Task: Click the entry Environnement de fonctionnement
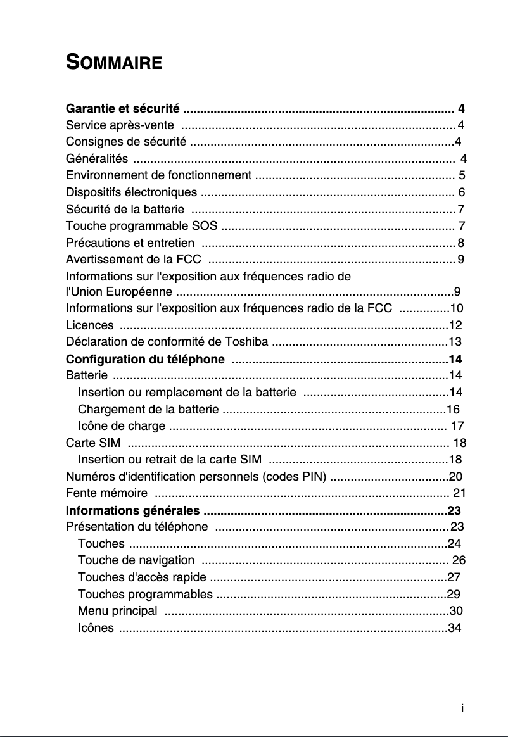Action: [x=158, y=175]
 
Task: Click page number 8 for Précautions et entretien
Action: [x=460, y=243]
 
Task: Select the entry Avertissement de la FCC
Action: [x=134, y=260]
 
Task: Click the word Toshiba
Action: [x=246, y=343]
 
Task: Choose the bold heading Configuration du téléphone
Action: [x=146, y=360]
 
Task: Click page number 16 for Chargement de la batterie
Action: [x=453, y=408]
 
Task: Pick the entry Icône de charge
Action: [x=122, y=425]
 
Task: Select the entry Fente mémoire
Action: [x=107, y=493]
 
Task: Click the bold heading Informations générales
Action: [x=133, y=510]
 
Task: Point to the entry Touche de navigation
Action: [x=136, y=560]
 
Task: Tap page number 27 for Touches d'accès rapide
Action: [x=454, y=577]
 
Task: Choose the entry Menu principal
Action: [x=117, y=611]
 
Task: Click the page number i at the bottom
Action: [x=463, y=708]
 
